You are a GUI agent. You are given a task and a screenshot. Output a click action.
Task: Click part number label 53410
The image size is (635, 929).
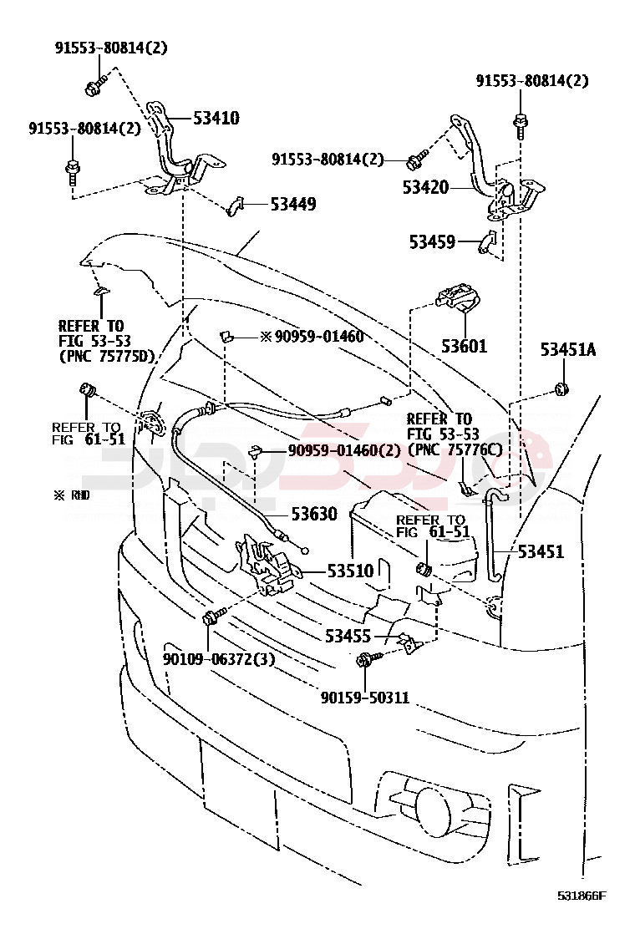216,119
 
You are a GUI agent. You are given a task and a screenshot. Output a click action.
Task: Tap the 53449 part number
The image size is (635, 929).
292,204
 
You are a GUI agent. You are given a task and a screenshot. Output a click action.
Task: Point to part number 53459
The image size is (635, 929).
432,242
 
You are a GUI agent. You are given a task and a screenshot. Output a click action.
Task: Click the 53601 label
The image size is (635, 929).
465,345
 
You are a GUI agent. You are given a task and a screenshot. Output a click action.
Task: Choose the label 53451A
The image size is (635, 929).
567,350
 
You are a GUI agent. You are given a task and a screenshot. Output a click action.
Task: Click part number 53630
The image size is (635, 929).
314,515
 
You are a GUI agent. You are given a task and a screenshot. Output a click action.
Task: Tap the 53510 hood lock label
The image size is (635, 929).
350,572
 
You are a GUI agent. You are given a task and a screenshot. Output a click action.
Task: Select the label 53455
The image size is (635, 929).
348,637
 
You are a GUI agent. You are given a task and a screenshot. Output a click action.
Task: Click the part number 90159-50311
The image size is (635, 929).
365,697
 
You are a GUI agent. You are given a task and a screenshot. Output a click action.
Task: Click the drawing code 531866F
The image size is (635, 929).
582,896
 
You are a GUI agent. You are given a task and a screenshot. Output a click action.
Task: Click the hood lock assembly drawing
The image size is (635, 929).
269,564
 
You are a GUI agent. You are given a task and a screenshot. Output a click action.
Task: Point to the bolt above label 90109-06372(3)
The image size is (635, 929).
211,619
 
